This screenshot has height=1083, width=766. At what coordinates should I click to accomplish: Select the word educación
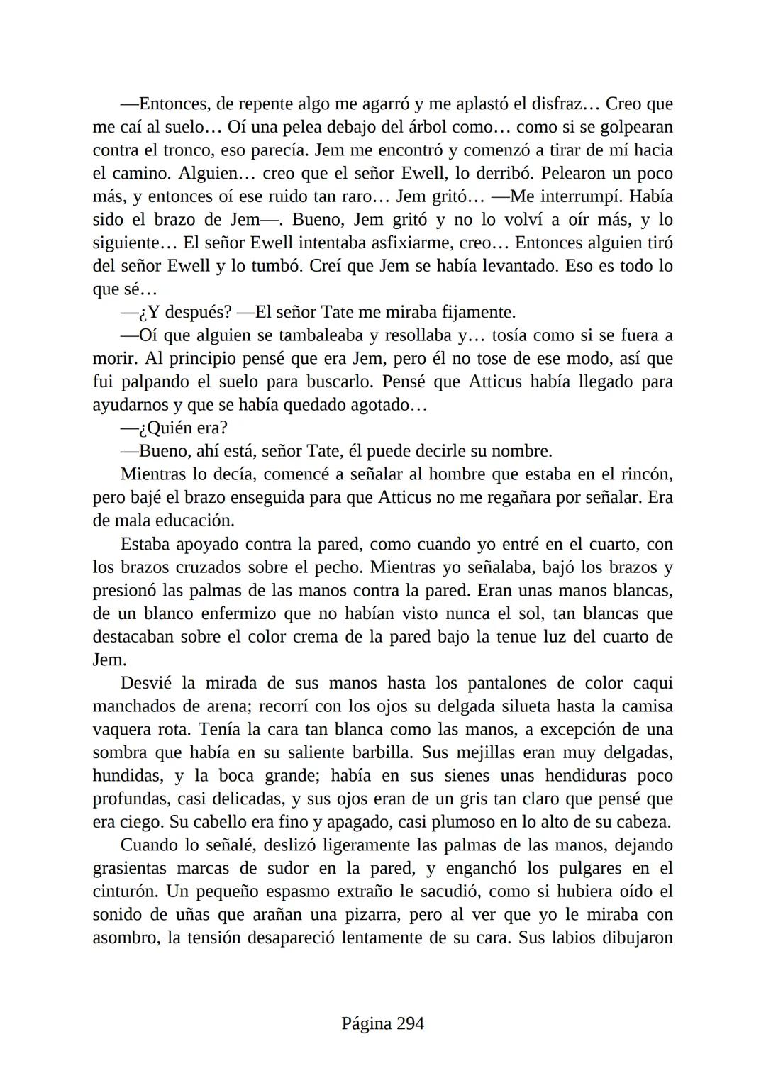click(195, 521)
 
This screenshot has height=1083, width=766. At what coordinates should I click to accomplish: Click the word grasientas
click(130, 869)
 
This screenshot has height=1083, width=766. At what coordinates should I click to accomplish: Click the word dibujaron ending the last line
click(636, 938)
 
